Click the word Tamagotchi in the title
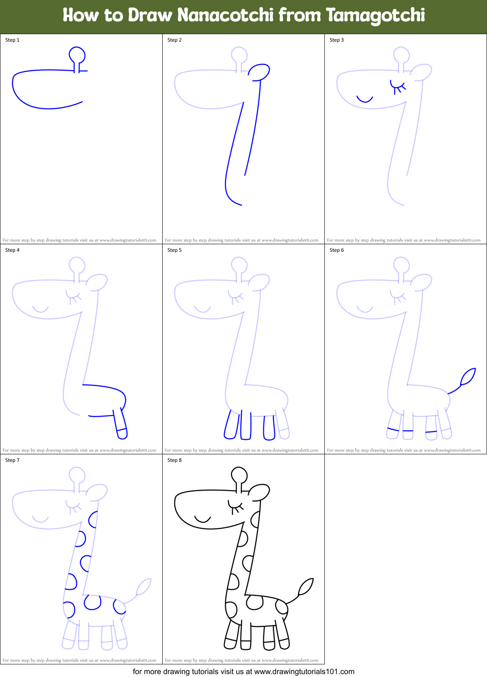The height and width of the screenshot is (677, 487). [x=375, y=15]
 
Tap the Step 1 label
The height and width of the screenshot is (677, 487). [x=12, y=40]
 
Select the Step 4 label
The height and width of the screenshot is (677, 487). [x=12, y=250]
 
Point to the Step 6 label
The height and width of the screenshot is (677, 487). [x=337, y=250]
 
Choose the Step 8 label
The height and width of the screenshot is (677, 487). [x=174, y=460]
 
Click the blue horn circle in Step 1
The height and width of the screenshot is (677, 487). [x=77, y=55]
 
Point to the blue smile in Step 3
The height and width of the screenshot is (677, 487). [x=365, y=99]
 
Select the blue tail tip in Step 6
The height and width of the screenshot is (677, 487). [x=468, y=376]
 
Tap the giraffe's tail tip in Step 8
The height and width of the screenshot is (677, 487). [x=306, y=586]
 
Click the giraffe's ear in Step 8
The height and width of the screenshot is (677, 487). [x=259, y=493]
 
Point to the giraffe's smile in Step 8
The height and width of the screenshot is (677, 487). [x=203, y=519]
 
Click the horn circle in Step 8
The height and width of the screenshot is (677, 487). [x=239, y=475]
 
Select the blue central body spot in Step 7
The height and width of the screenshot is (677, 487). [x=92, y=602]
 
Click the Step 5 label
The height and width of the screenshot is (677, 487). [x=174, y=250]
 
